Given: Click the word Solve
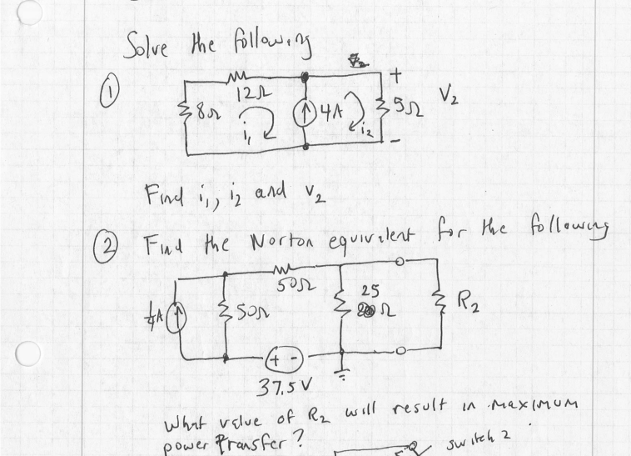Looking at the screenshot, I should click(150, 42).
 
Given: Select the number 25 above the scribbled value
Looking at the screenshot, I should click(371, 291).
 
